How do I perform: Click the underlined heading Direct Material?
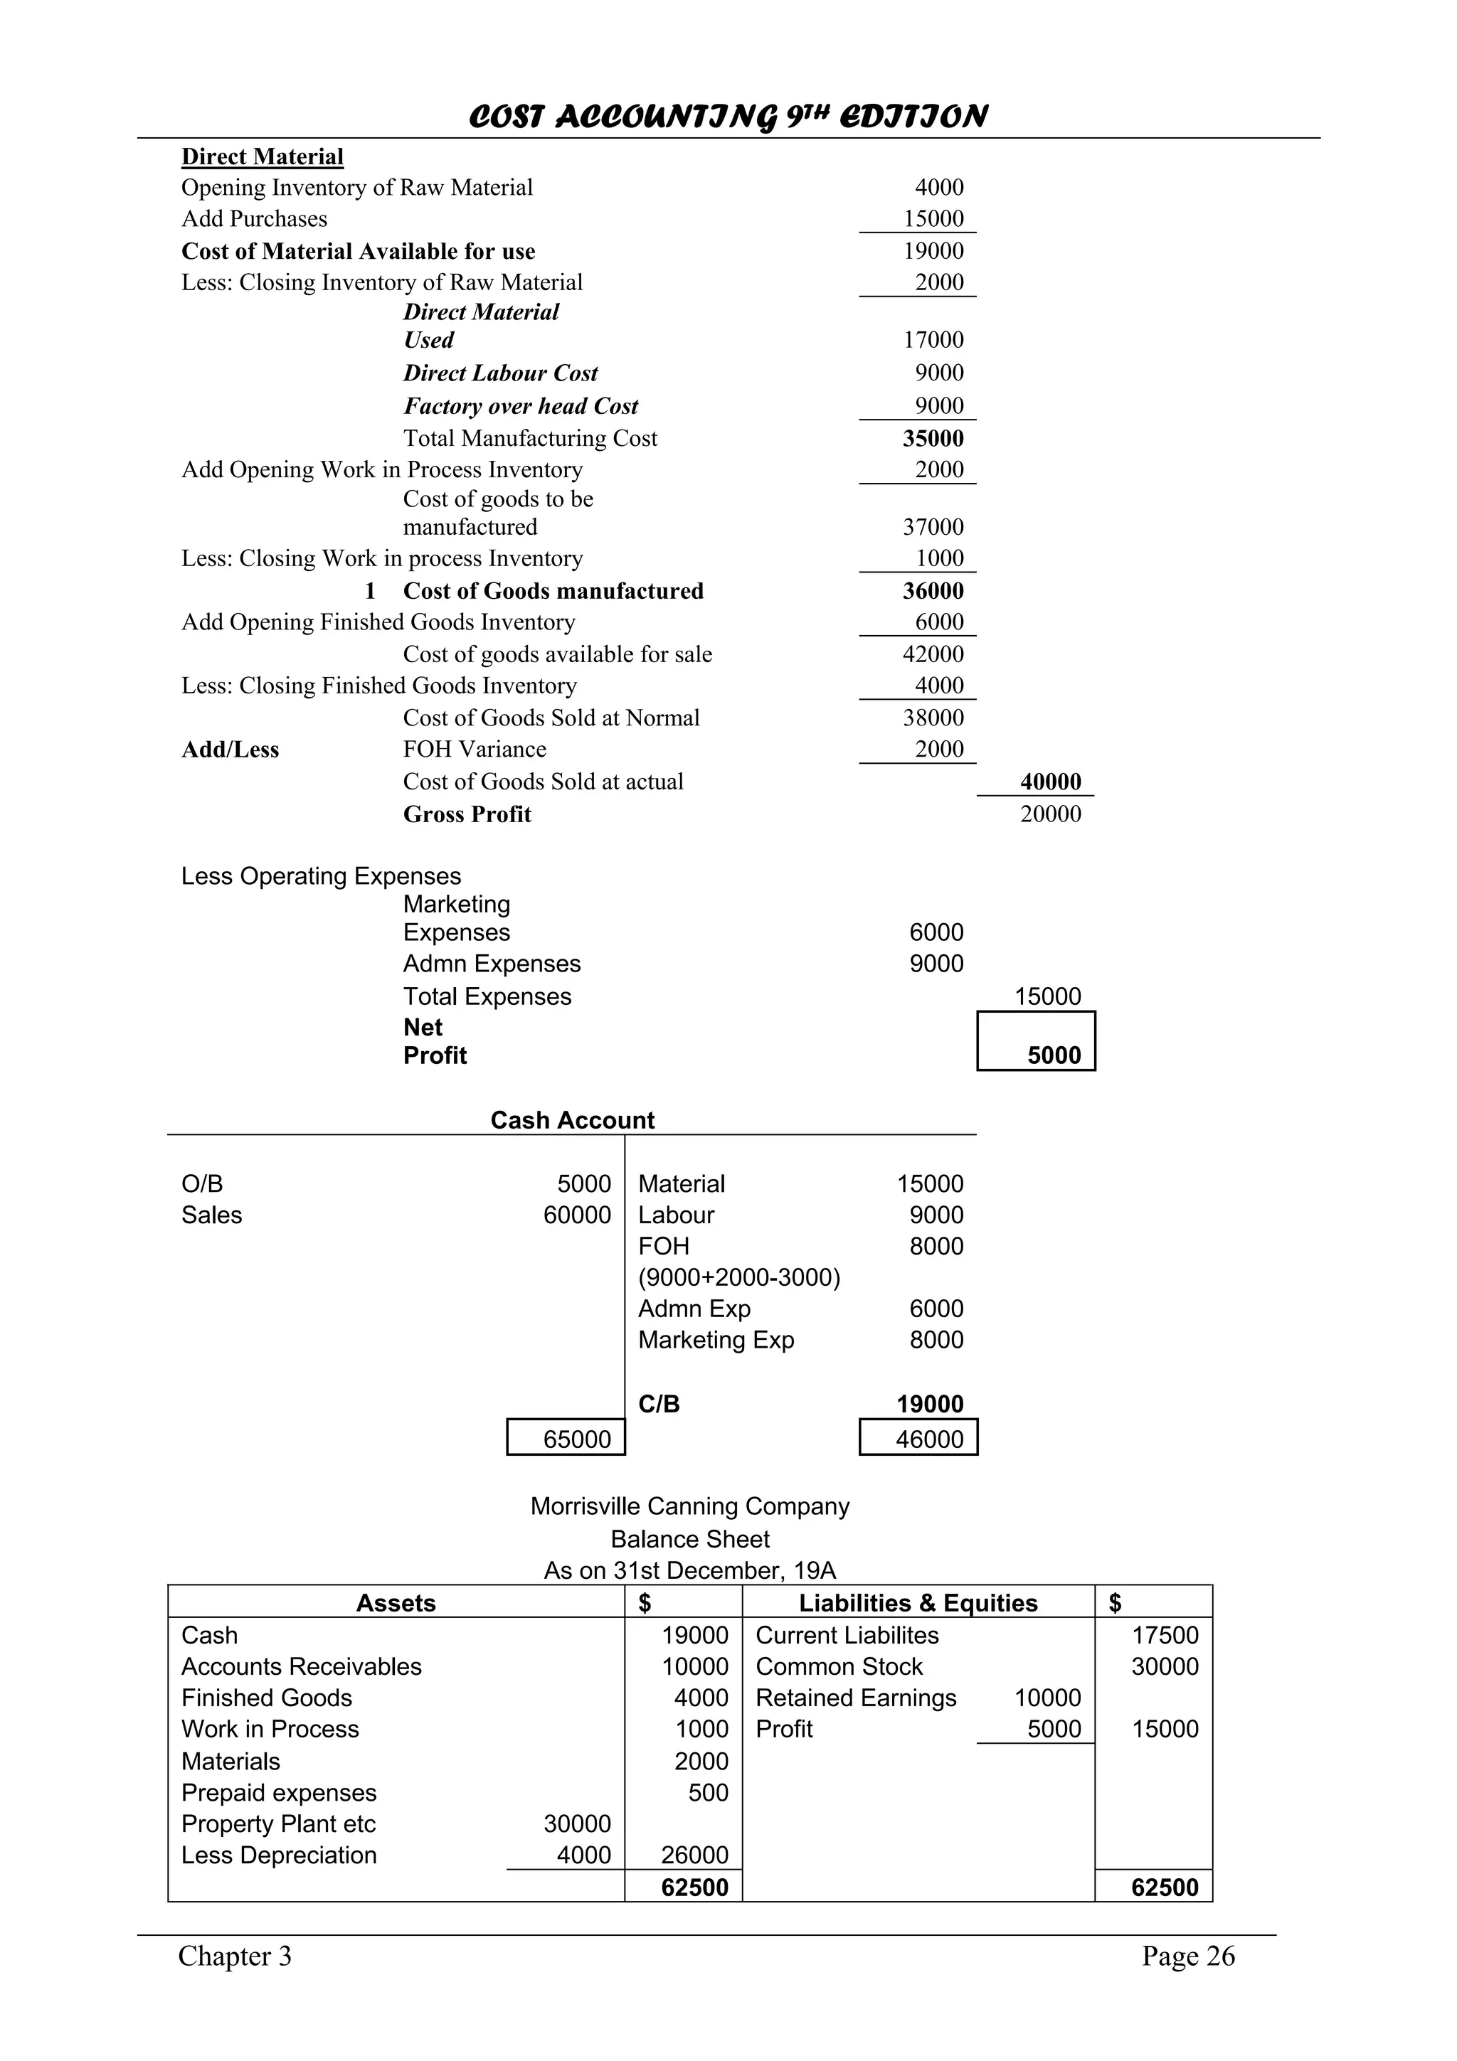(262, 157)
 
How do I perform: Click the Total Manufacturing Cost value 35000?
(933, 438)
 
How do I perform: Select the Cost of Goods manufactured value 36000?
(933, 591)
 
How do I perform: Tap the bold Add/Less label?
(230, 750)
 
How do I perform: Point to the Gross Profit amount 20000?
(1050, 814)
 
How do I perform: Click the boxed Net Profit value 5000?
(1054, 1055)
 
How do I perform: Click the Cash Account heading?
(572, 1120)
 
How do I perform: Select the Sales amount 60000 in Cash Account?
(576, 1215)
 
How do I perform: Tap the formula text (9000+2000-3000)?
(739, 1277)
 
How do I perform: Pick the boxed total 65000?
(576, 1440)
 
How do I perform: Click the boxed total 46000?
(929, 1440)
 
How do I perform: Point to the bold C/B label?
(659, 1405)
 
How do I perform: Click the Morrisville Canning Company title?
(689, 1506)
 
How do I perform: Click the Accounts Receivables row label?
(301, 1667)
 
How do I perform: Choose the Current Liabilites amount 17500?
(1165, 1636)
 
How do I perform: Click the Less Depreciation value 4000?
(583, 1855)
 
